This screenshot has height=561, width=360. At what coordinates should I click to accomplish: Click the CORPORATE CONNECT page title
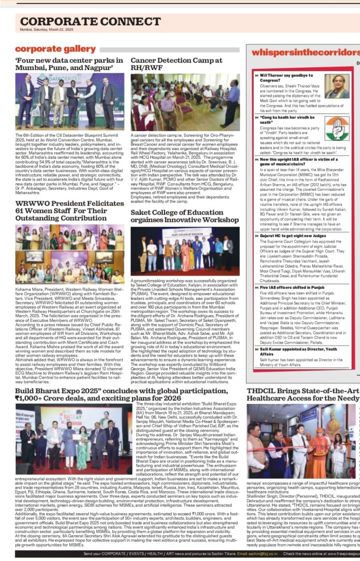(x=90, y=21)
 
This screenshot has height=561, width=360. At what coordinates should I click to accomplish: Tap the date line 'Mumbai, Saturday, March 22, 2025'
(x=46, y=30)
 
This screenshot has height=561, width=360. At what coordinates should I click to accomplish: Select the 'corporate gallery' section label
(x=55, y=49)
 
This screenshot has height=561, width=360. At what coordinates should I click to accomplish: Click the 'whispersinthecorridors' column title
(x=305, y=52)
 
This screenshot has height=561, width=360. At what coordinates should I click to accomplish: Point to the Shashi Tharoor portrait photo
(x=337, y=86)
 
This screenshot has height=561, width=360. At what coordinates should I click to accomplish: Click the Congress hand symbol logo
(x=337, y=129)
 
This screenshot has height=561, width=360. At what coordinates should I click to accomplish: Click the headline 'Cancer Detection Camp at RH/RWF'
(x=176, y=64)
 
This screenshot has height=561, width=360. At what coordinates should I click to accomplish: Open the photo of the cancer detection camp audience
(x=185, y=102)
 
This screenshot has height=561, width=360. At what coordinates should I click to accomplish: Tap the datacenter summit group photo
(x=70, y=102)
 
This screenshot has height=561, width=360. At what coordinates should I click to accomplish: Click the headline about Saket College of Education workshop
(x=184, y=216)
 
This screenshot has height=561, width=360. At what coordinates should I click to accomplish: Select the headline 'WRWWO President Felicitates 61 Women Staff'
(x=69, y=211)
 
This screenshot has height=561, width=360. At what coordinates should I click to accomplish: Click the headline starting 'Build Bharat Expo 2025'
(x=122, y=394)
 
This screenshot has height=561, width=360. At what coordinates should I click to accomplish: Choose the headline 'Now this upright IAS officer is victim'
(x=298, y=161)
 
